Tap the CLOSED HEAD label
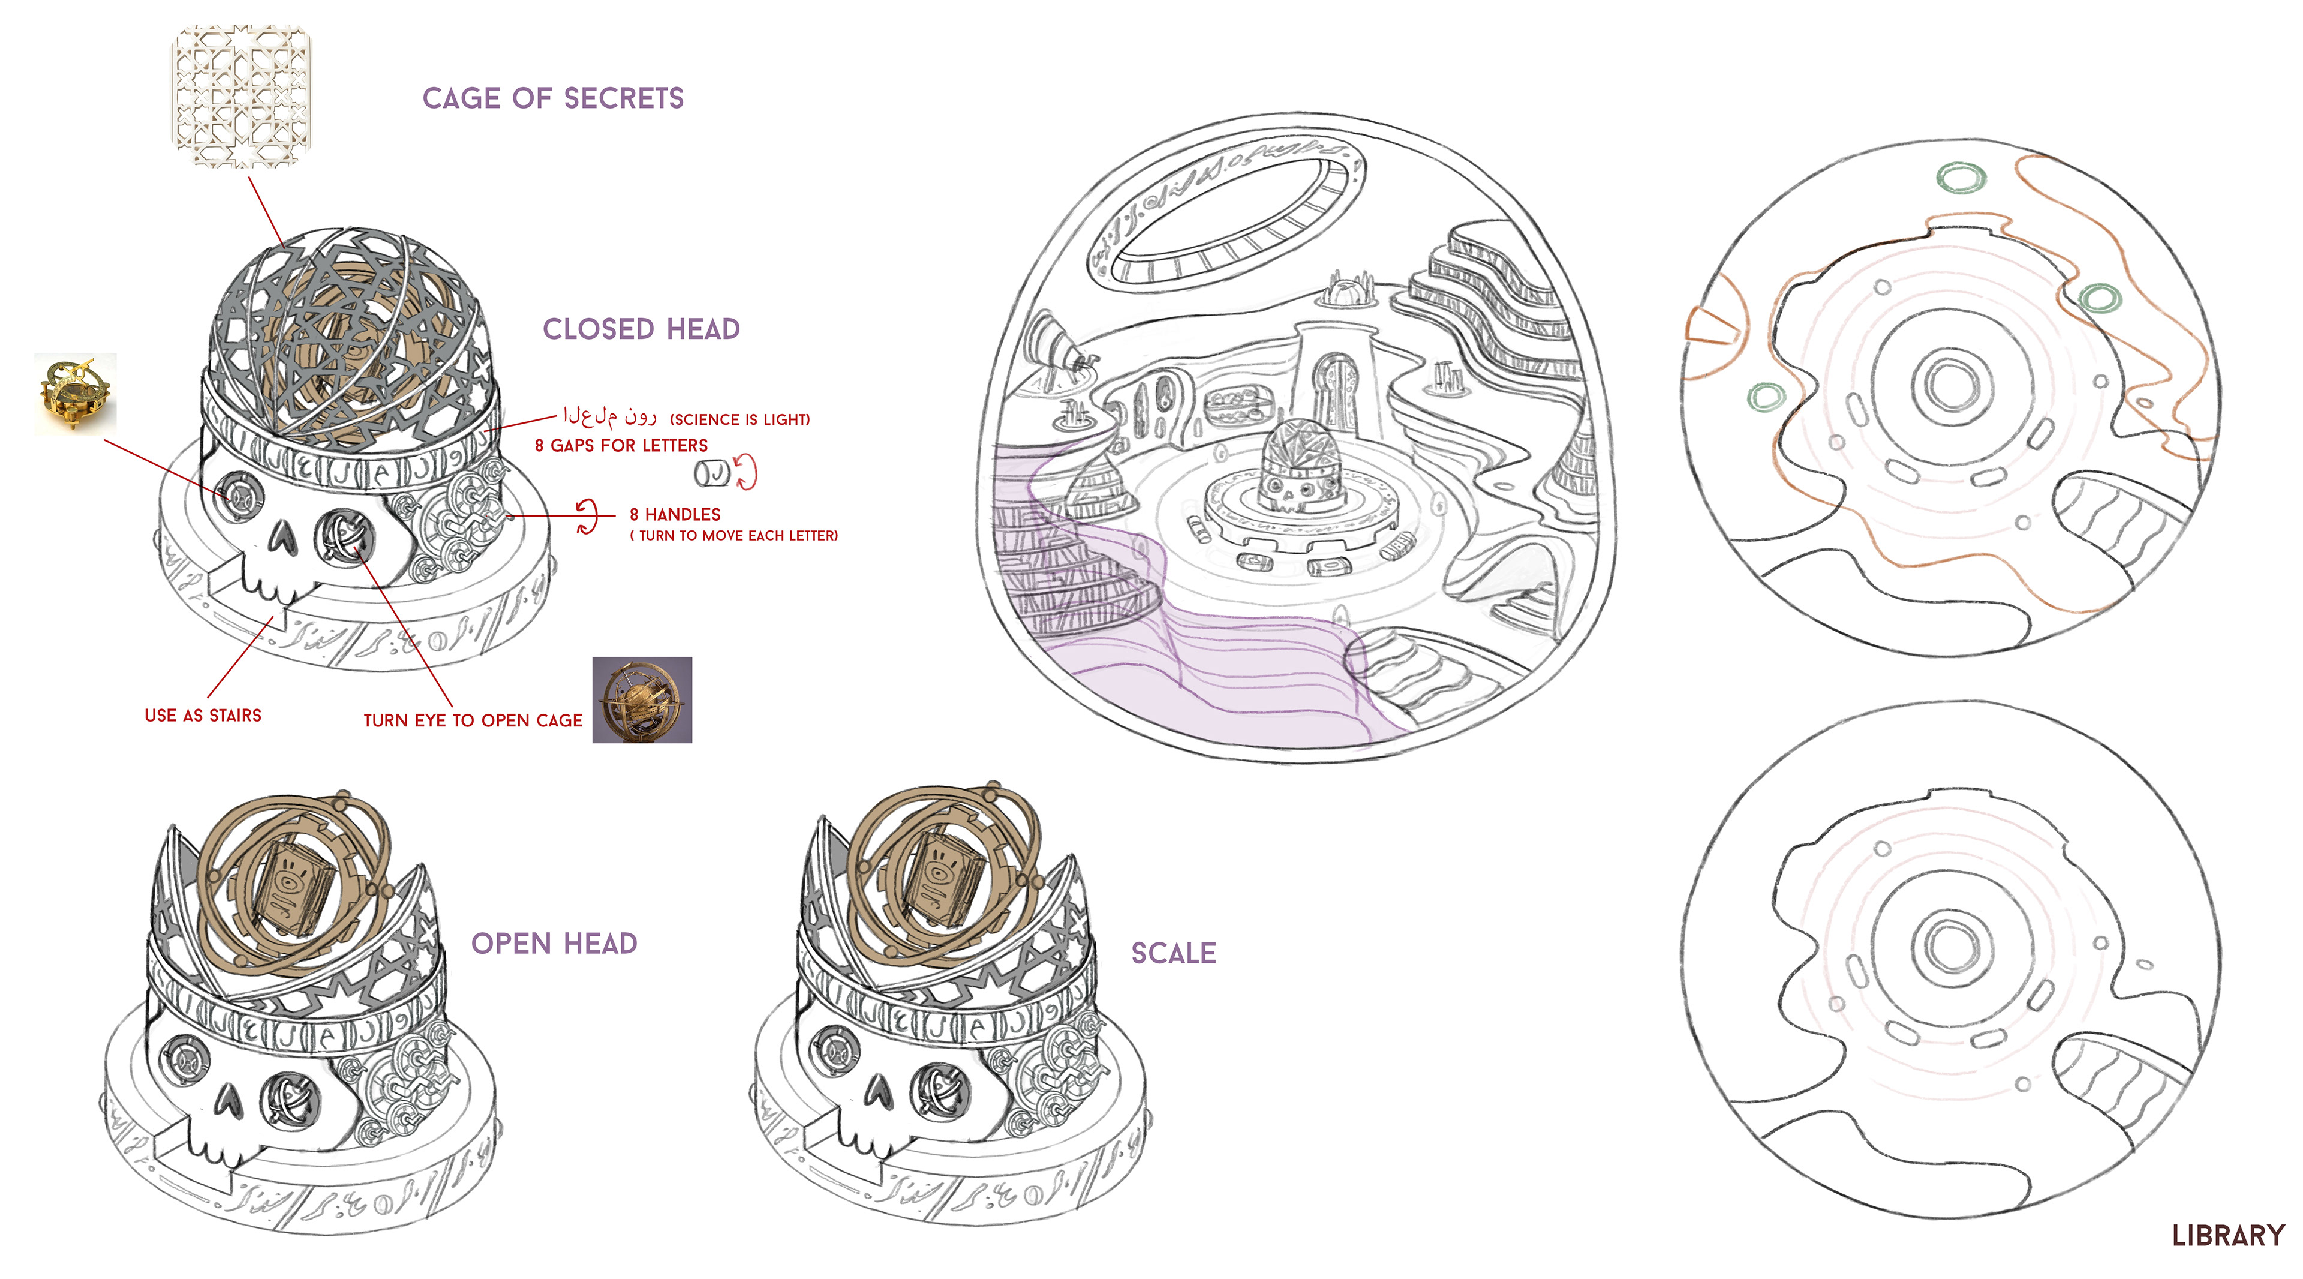[641, 329]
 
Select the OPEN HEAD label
[554, 944]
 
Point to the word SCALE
[1173, 953]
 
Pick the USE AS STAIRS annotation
[203, 716]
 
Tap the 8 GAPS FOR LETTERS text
[621, 445]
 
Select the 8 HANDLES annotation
[675, 514]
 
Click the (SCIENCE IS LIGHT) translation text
[739, 419]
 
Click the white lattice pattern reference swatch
[241, 97]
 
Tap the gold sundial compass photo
[75, 393]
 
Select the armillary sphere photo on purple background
[642, 699]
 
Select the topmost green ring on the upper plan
[1960, 177]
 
